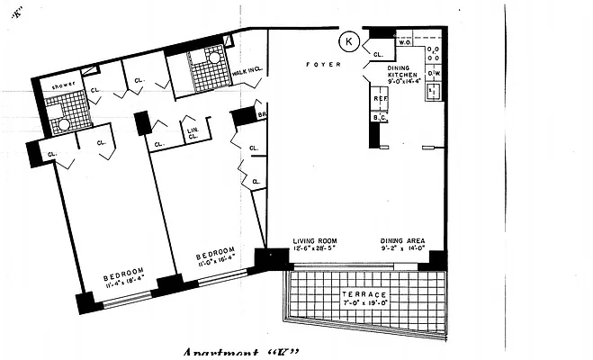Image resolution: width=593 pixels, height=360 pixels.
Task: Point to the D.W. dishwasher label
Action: pos(433,73)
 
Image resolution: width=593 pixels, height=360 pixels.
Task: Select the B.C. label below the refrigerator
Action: pos(380,118)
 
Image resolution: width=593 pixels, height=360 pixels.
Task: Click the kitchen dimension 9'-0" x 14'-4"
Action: pos(403,80)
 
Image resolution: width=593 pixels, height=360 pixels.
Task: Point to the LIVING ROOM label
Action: pos(314,241)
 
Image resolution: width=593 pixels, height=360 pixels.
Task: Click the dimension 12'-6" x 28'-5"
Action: pos(314,250)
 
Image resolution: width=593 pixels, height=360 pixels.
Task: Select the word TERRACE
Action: pos(364,295)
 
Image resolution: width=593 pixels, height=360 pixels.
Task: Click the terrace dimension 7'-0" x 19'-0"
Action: pos(364,305)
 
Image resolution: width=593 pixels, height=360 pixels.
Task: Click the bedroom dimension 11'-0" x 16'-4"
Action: pos(216,257)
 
